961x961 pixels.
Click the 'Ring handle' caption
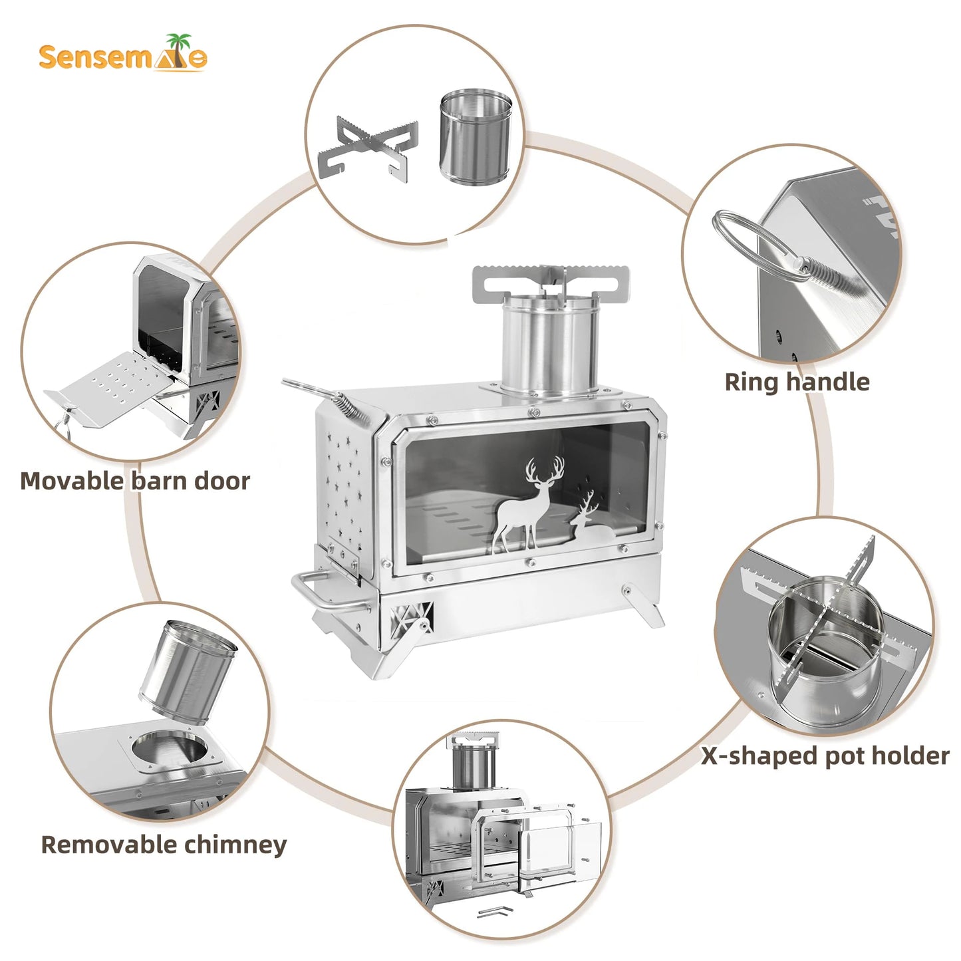(x=796, y=382)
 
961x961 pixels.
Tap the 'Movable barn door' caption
(x=135, y=481)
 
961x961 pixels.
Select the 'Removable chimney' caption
(x=164, y=845)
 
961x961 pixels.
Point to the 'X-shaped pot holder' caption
(x=825, y=756)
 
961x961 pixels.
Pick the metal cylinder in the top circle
(x=475, y=138)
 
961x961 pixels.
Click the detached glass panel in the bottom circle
(x=562, y=851)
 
